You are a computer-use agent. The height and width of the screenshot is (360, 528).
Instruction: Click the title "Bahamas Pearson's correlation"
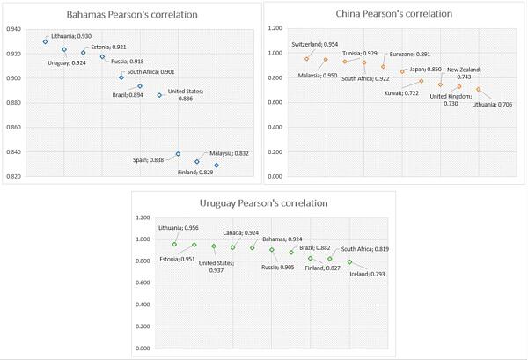[x=132, y=15]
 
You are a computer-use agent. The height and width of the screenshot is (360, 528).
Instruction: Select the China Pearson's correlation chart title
[x=394, y=14]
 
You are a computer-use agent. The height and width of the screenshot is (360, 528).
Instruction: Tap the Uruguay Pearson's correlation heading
[x=264, y=203]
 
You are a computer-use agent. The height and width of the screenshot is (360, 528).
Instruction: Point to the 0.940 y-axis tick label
[x=13, y=29]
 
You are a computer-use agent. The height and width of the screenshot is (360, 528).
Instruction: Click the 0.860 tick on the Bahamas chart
[x=13, y=128]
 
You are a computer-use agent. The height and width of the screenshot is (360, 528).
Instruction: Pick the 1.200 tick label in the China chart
[x=275, y=28]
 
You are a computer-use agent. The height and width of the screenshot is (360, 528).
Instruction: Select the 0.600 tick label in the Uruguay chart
[x=143, y=283]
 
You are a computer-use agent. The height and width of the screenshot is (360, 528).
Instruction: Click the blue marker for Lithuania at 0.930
[x=45, y=41]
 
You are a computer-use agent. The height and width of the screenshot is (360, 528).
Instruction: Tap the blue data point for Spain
[x=178, y=154]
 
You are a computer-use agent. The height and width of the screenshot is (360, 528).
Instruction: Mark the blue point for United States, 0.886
[x=159, y=95]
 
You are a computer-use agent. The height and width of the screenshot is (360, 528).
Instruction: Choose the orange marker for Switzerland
[x=307, y=59]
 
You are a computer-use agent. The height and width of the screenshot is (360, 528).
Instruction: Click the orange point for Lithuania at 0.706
[x=479, y=89]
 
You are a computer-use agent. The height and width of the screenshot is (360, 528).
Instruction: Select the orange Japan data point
[x=402, y=71]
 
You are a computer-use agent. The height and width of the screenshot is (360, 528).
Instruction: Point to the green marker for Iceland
[x=350, y=262]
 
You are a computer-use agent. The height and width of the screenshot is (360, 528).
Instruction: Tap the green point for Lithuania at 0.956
[x=174, y=244]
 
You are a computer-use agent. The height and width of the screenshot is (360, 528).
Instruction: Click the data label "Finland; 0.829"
[x=195, y=173]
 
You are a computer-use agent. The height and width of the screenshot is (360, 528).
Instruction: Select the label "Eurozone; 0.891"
[x=410, y=55]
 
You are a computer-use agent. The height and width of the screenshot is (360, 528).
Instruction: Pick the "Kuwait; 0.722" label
[x=401, y=93]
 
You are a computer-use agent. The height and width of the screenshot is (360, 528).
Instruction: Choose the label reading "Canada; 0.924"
[x=241, y=233]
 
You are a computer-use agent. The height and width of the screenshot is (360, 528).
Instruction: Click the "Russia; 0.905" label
[x=278, y=268]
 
